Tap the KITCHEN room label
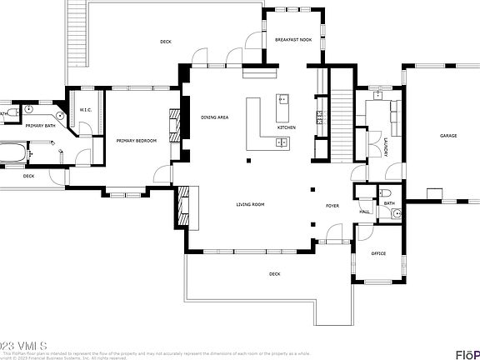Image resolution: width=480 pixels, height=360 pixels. coord(286,127)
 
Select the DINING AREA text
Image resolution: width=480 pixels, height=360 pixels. coord(215,117)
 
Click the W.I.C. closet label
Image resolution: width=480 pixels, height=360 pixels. coord(85,110)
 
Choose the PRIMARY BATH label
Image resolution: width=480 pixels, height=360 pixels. coord(39,126)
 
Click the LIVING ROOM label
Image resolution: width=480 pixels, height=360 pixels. coord(250,203)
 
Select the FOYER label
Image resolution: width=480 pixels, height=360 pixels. coord(332,204)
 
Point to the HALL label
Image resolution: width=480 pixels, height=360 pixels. coord(364,212)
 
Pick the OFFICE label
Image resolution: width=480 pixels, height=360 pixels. coord(377,253)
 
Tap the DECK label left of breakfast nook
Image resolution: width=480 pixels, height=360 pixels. coord(165,41)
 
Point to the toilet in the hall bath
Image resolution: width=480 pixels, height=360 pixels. coord(393,212)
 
